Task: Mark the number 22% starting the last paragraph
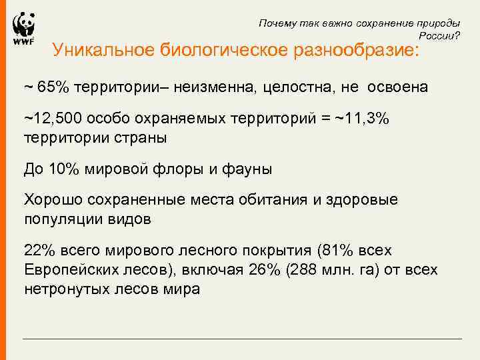point(37,251)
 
